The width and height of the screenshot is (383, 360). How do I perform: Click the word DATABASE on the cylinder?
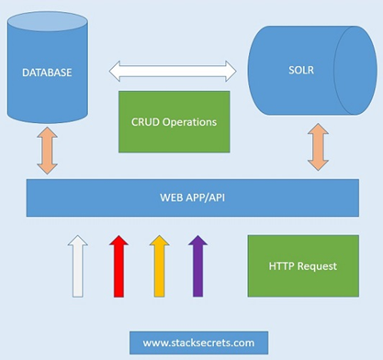47,73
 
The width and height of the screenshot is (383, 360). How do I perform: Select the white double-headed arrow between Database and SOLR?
173,72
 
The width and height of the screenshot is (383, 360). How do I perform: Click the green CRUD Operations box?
175,122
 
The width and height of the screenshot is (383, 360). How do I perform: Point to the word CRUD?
145,122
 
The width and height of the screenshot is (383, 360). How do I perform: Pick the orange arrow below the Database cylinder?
47,151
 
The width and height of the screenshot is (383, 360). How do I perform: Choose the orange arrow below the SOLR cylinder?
318,147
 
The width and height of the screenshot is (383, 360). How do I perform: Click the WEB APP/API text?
193,197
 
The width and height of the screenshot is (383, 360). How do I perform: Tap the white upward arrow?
78,266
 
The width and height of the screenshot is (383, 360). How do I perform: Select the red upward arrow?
118,266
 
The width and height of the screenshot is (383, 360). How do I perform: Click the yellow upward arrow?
159,266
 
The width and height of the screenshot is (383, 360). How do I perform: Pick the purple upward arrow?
197,266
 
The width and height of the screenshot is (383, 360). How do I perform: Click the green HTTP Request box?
303,266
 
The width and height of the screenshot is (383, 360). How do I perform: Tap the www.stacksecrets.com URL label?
198,343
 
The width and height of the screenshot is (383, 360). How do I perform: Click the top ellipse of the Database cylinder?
48,21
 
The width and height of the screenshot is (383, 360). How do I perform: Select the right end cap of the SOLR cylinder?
355,71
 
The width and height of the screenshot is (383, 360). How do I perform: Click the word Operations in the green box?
189,122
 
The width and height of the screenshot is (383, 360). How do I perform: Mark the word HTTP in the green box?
282,266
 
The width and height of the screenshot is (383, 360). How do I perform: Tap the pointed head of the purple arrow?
197,241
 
